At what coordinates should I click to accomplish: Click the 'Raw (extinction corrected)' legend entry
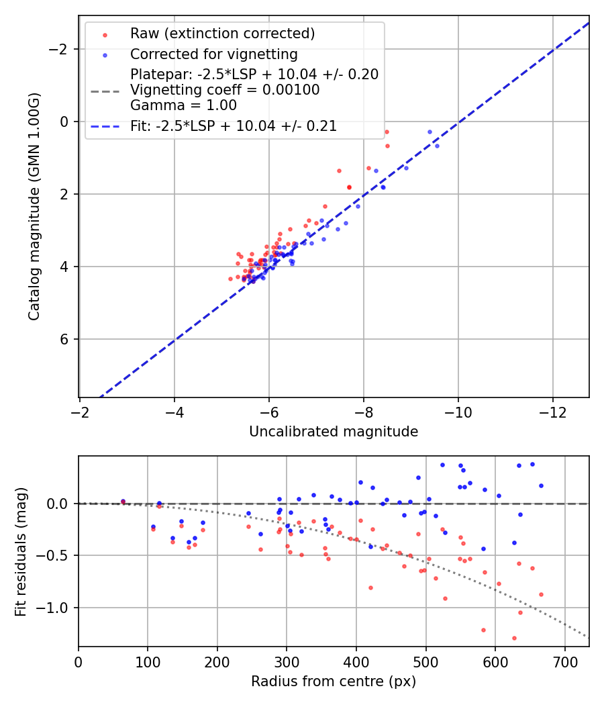(222, 34)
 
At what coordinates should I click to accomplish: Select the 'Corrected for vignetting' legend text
(213, 54)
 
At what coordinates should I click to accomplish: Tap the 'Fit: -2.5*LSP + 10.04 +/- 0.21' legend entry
(233, 126)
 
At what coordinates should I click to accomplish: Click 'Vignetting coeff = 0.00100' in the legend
(225, 90)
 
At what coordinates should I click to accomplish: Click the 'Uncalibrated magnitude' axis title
(334, 432)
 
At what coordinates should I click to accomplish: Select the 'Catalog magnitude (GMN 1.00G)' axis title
(34, 207)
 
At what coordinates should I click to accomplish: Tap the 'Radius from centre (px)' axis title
(334, 681)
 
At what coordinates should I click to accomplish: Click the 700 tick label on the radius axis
(564, 661)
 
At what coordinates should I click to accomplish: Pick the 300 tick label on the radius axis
(287, 661)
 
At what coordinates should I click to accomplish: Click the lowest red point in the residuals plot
(514, 638)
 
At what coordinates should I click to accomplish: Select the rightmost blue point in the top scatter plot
(437, 146)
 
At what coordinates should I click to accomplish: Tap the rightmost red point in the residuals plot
(541, 594)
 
